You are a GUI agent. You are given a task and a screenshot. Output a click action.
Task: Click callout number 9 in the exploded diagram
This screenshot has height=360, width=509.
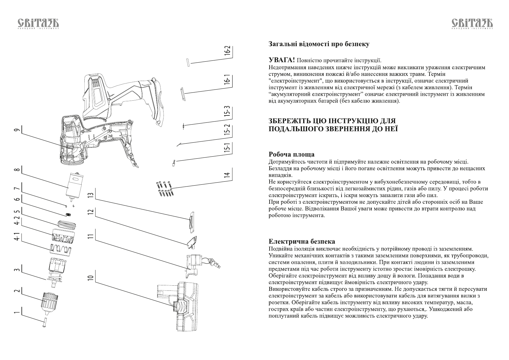tap(17, 130)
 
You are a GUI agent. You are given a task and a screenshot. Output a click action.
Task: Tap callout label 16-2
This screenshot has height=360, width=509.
tap(227, 50)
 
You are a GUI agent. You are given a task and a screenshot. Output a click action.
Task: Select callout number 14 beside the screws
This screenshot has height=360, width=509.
tap(227, 175)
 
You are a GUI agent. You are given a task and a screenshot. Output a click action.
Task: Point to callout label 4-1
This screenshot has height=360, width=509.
tap(17, 237)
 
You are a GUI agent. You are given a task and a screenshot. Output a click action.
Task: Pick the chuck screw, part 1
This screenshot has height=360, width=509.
tap(44, 322)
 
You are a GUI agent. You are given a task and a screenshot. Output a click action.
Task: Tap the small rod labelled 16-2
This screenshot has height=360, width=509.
tap(188, 62)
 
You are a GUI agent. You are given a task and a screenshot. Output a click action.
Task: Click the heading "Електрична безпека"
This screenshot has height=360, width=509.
tap(302, 242)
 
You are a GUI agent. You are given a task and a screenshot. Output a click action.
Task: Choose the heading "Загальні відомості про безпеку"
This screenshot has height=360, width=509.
tap(319, 44)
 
